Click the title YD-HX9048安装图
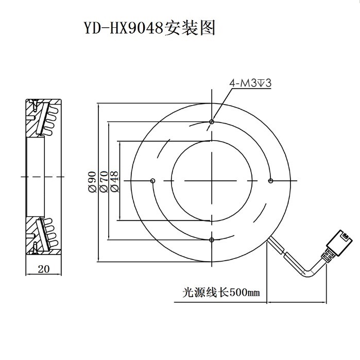149,27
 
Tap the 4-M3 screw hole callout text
251,82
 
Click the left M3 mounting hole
153,181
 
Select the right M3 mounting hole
270,181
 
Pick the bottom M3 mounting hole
212,239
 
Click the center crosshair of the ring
212,181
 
